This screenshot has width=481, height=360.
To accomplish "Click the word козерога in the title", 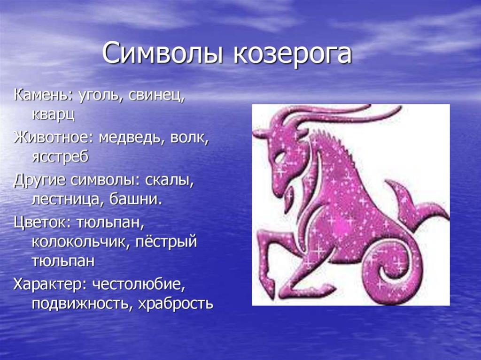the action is point(292,54).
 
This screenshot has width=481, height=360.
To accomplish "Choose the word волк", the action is point(189,138).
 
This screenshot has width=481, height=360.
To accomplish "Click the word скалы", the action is point(169,180).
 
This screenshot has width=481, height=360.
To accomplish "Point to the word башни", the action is point(136,199).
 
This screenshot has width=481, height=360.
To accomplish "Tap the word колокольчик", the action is point(79,242).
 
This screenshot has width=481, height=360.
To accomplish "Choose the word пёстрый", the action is point(165,242).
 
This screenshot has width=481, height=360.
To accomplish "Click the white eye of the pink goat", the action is point(280,158).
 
